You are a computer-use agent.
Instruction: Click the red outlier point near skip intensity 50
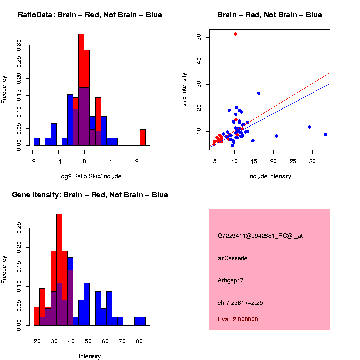click(235, 34)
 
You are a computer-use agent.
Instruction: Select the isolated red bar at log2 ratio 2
click(143, 137)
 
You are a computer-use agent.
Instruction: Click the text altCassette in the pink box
click(233, 258)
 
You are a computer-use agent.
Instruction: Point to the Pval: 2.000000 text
click(238, 319)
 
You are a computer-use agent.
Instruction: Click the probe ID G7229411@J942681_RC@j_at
click(260, 236)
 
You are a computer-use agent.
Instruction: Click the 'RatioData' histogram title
click(90, 15)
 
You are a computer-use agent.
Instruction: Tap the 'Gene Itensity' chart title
click(90, 195)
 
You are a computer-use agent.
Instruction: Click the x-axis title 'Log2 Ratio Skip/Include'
click(90, 176)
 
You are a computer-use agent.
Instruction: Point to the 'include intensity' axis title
click(270, 176)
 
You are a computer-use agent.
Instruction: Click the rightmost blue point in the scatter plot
click(325, 134)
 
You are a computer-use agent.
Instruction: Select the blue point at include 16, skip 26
click(259, 93)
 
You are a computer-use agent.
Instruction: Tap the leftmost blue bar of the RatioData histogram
click(37, 142)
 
